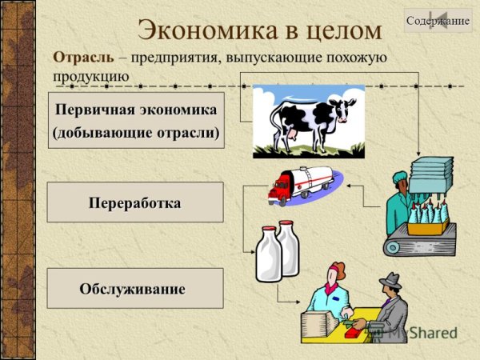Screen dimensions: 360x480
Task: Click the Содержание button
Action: click(437, 20)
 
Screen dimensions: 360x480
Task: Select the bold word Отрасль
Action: click(83, 58)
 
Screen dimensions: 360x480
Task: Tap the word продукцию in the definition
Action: click(91, 75)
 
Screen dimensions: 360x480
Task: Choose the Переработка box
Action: click(135, 202)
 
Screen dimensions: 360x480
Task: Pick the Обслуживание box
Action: click(135, 288)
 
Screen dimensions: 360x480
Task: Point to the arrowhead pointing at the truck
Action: click(341, 186)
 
